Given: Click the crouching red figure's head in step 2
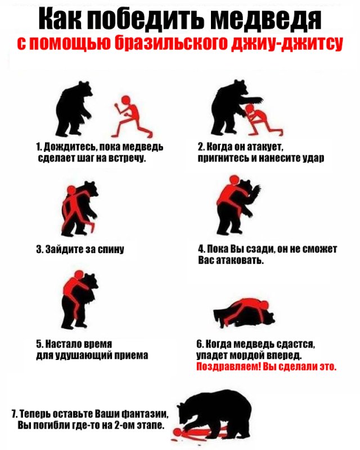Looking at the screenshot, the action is click(250, 109).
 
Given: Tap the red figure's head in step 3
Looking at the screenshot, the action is click(71, 190).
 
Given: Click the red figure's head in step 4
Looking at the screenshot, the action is click(235, 179).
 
